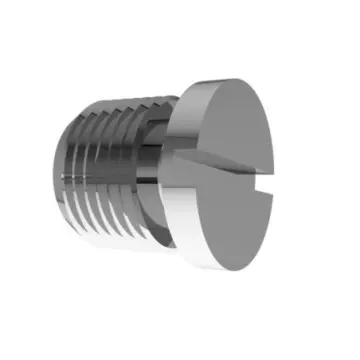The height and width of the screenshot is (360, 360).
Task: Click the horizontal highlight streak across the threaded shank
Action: click(110, 181)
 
